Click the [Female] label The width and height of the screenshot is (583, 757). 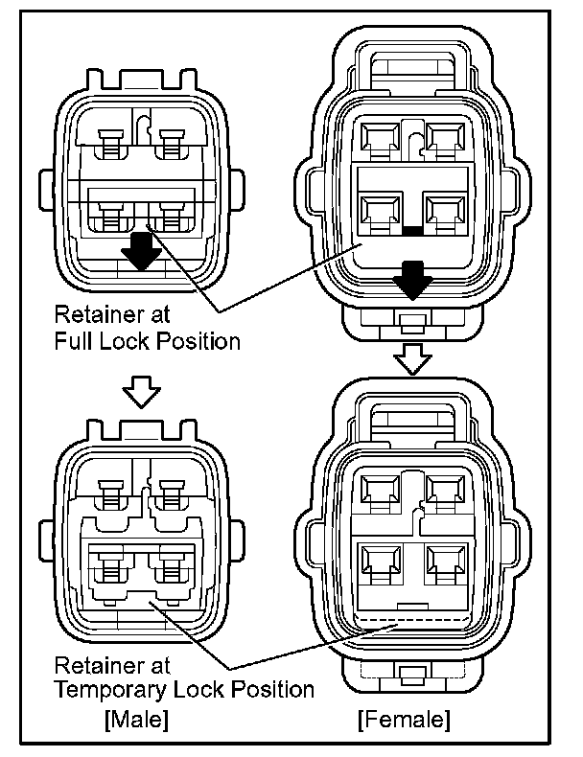(x=403, y=718)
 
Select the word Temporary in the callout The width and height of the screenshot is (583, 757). (x=117, y=689)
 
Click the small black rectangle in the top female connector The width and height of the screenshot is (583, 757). (x=412, y=230)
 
